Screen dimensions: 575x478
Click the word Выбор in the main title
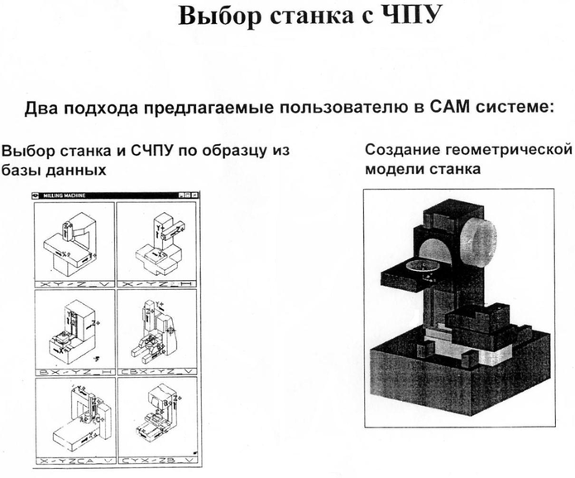tap(214, 17)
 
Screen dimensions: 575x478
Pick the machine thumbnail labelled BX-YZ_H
tap(74, 328)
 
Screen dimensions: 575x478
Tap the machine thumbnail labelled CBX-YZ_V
tap(156, 328)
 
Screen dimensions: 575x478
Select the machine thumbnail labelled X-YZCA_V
tap(74, 418)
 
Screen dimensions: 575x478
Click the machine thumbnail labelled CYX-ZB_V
tap(156, 418)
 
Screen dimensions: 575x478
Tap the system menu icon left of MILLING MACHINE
tap(36, 196)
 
